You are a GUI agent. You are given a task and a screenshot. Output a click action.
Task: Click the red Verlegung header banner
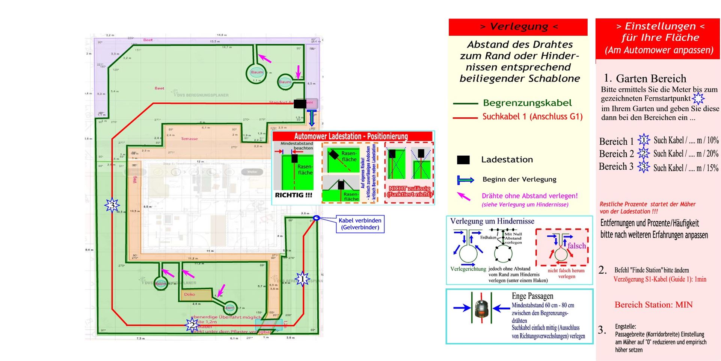click(518, 27)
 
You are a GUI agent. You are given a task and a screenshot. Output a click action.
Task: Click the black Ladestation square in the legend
click(463, 160)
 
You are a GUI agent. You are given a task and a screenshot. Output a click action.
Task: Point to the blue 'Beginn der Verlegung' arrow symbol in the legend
click(465, 180)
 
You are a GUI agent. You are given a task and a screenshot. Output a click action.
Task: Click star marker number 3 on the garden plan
click(112, 205)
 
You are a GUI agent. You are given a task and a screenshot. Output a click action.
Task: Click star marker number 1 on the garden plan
click(302, 279)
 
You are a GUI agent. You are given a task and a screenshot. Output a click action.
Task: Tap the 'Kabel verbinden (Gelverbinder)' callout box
click(360, 224)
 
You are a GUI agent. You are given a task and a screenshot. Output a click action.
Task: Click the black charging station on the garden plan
click(300, 103)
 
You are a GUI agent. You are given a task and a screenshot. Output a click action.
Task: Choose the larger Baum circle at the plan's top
click(257, 73)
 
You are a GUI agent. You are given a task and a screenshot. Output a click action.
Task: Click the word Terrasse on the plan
click(189, 139)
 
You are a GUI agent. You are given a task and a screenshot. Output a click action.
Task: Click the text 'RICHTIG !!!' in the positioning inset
click(293, 195)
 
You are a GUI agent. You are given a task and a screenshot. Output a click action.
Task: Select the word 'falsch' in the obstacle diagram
click(576, 246)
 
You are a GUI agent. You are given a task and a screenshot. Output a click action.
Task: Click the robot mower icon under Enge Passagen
click(481, 308)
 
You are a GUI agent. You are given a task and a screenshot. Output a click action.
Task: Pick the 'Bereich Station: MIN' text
click(653, 305)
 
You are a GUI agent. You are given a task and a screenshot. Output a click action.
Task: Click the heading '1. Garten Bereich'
click(645, 78)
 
